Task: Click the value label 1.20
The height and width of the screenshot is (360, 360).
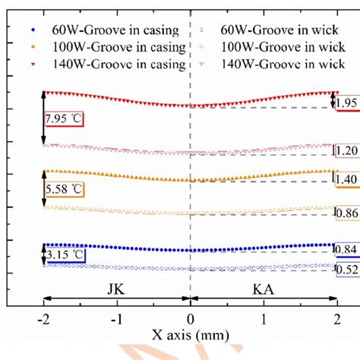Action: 346,150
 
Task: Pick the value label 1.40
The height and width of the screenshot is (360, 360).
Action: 346,179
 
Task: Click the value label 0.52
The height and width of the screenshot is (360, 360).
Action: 346,270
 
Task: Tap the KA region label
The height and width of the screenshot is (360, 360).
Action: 263,289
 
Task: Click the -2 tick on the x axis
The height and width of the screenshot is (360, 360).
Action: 44,320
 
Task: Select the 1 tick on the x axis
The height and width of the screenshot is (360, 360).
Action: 263,320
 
